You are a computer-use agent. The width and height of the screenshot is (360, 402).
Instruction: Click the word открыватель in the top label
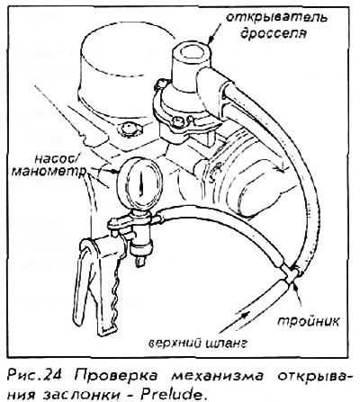click(276, 18)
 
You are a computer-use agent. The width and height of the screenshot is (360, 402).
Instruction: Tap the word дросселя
click(274, 33)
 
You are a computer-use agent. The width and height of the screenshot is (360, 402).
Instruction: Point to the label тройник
click(308, 322)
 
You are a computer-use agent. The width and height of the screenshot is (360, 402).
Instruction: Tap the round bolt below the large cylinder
click(128, 129)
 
